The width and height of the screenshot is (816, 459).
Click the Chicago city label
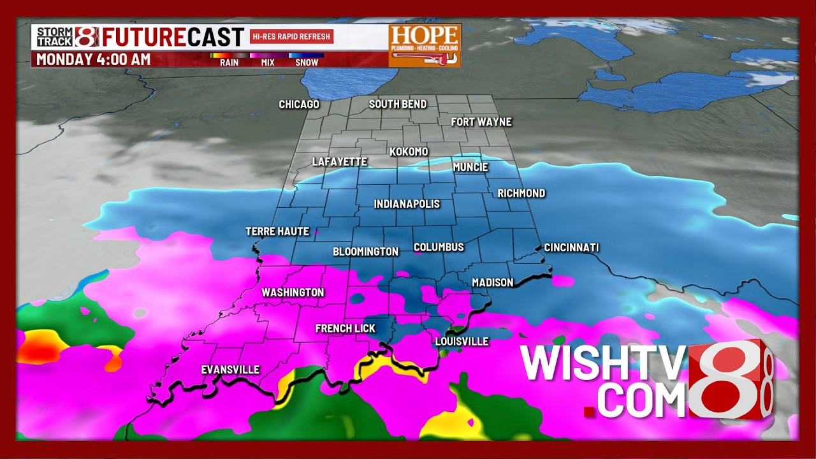[x=299, y=105]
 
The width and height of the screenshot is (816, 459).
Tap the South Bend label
[x=398, y=104]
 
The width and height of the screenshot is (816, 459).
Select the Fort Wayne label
[x=481, y=122]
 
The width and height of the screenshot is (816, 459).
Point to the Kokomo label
[x=409, y=152]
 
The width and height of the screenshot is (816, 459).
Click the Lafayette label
[x=339, y=162]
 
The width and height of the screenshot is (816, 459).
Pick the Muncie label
[x=470, y=167]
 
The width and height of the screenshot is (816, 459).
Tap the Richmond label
[x=521, y=193]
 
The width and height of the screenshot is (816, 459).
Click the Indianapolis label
[x=407, y=204]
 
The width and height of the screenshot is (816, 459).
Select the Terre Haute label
[x=277, y=231]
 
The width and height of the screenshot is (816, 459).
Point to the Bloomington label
[x=365, y=252]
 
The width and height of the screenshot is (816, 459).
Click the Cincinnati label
[x=571, y=247]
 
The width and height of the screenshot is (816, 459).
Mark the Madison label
[x=492, y=282]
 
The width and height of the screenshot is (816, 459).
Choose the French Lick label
[x=346, y=328]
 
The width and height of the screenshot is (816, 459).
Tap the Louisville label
[x=462, y=342]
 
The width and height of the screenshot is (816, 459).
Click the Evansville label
[x=230, y=370]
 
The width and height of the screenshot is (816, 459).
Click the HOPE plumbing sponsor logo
[x=425, y=45]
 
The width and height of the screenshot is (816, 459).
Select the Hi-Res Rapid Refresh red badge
[x=291, y=36]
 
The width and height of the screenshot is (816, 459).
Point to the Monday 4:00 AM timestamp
[x=93, y=60]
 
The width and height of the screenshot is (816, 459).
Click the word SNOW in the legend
[x=307, y=62]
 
